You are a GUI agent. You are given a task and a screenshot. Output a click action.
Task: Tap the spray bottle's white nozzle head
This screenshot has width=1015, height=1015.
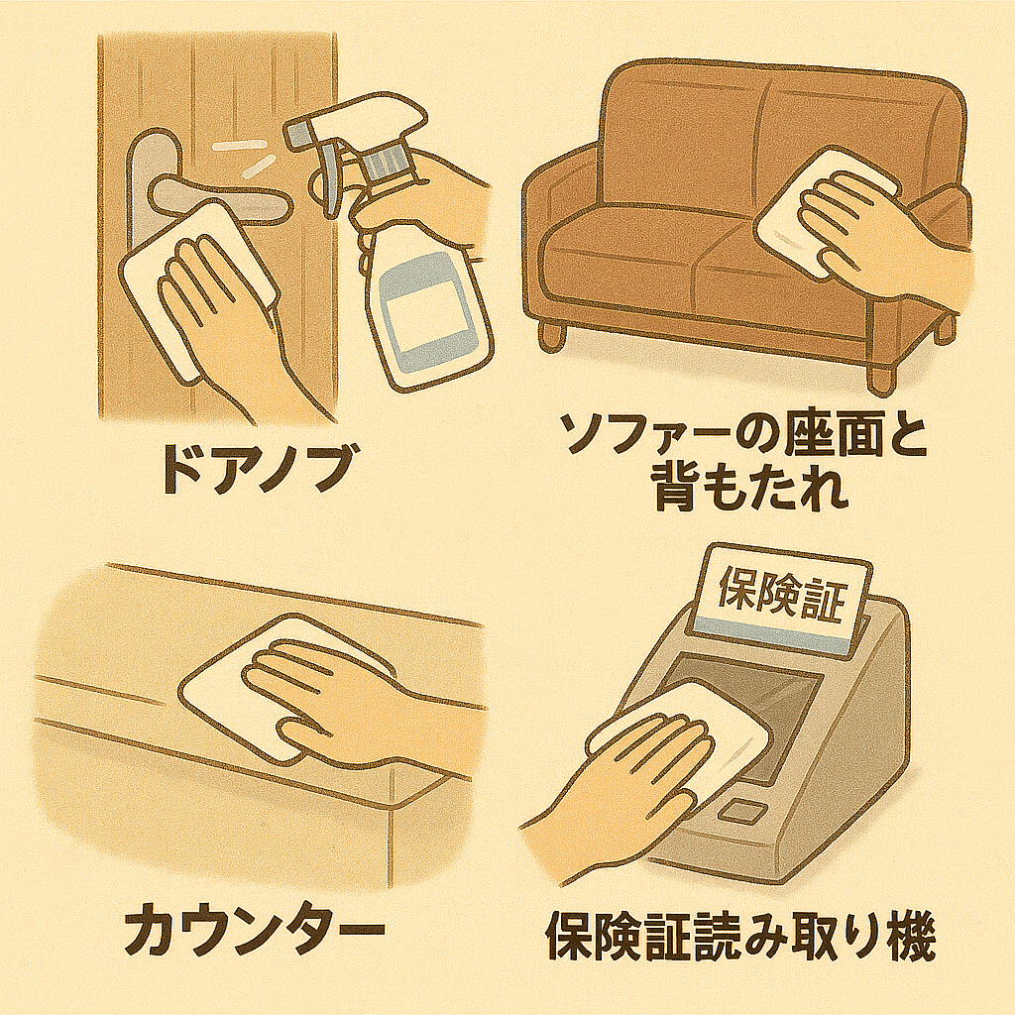click(x=357, y=122)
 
